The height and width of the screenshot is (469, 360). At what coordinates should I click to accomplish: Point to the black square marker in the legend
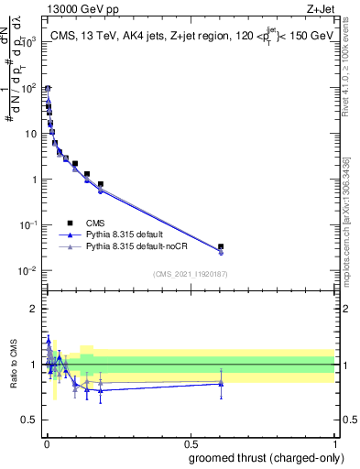(x=70, y=223)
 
